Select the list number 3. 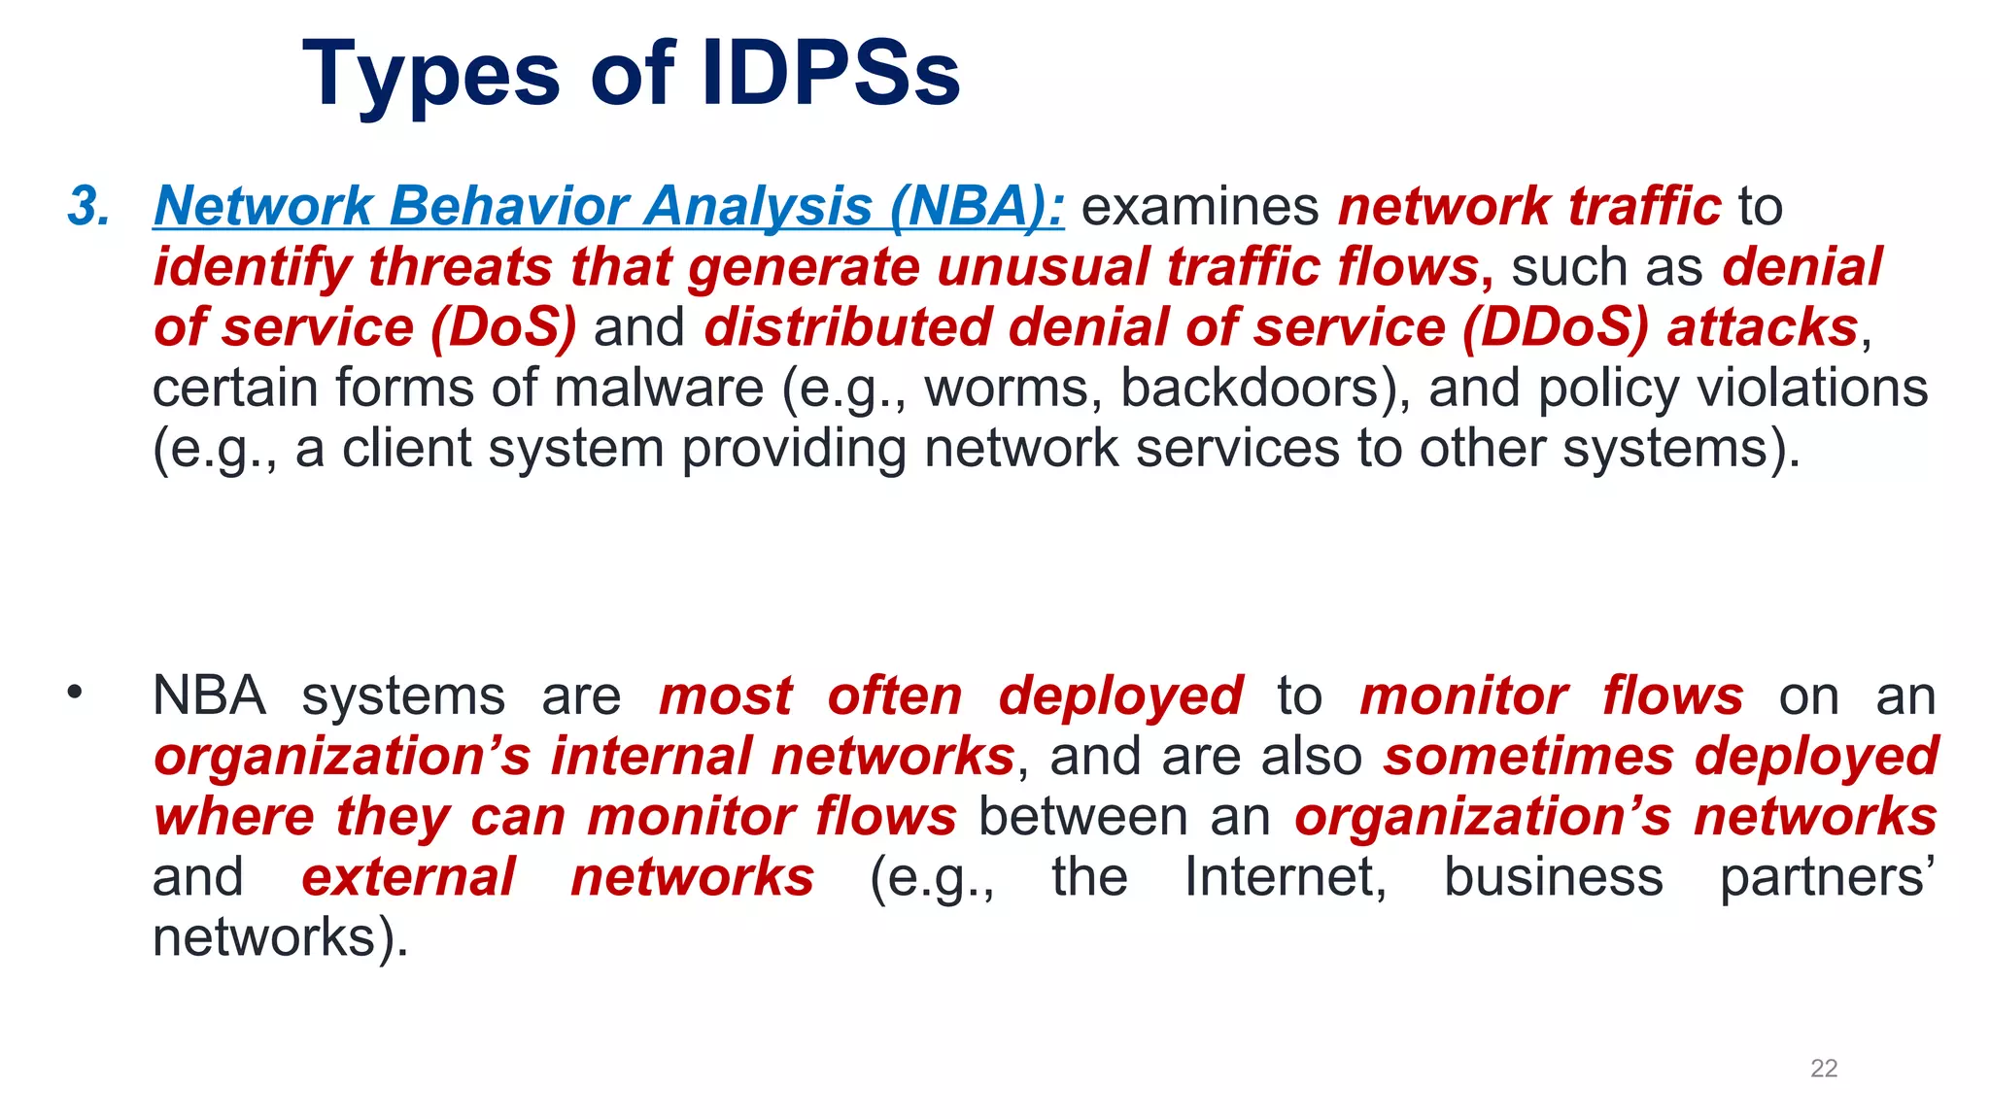pyautogui.click(x=88, y=206)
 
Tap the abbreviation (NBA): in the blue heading pyautogui.click(x=978, y=206)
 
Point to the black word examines pyautogui.click(x=1200, y=206)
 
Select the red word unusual pyautogui.click(x=1043, y=267)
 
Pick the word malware pyautogui.click(x=659, y=388)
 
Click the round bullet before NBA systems pyautogui.click(x=75, y=693)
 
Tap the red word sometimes pyautogui.click(x=1529, y=757)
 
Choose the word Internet pyautogui.click(x=1285, y=877)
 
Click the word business pyautogui.click(x=1553, y=877)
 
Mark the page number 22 pyautogui.click(x=1824, y=1068)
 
